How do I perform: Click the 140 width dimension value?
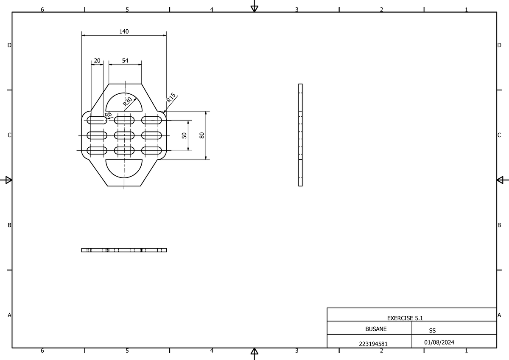tap(124, 31)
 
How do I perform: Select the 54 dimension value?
tap(125, 61)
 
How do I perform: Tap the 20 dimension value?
tap(97, 61)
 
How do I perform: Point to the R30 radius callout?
tap(128, 101)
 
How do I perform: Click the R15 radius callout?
tap(171, 97)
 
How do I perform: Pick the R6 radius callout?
tap(108, 114)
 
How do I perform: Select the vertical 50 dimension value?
tap(184, 135)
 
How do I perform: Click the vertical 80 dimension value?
tap(202, 135)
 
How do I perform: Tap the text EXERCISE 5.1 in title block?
tap(405, 318)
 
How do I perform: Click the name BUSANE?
tap(376, 329)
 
